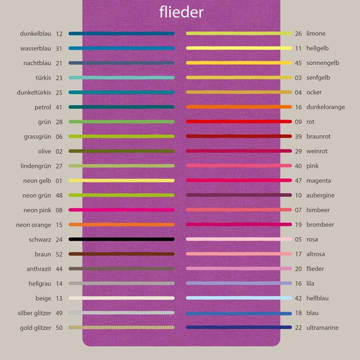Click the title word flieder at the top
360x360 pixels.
click(181, 11)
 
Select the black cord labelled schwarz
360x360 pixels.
click(121, 239)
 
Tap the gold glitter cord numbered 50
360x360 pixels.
click(121, 328)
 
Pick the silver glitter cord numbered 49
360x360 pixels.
click(121, 313)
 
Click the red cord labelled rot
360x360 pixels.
click(238, 122)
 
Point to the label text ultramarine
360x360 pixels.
click(322, 328)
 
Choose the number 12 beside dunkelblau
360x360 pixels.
click(59, 34)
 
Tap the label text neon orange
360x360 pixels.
click(33, 225)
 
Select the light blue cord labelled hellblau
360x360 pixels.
click(238, 298)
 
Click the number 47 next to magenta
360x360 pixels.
click(298, 180)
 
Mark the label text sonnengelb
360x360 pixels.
click(323, 63)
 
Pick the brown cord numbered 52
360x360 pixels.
click(121, 254)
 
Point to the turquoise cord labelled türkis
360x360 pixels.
click(121, 78)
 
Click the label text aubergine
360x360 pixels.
click(320, 195)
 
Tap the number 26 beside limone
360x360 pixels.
click(298, 34)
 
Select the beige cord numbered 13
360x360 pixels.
click(121, 298)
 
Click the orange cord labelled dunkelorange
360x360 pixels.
click(238, 107)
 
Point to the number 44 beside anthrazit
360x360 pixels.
click(59, 269)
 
